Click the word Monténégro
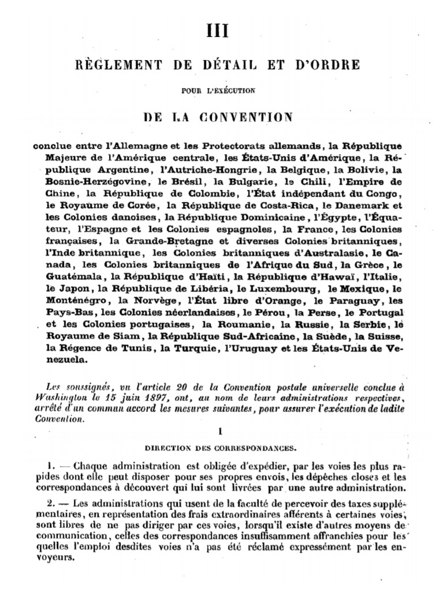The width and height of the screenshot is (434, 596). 77,301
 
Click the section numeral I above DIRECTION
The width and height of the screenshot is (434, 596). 220,430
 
